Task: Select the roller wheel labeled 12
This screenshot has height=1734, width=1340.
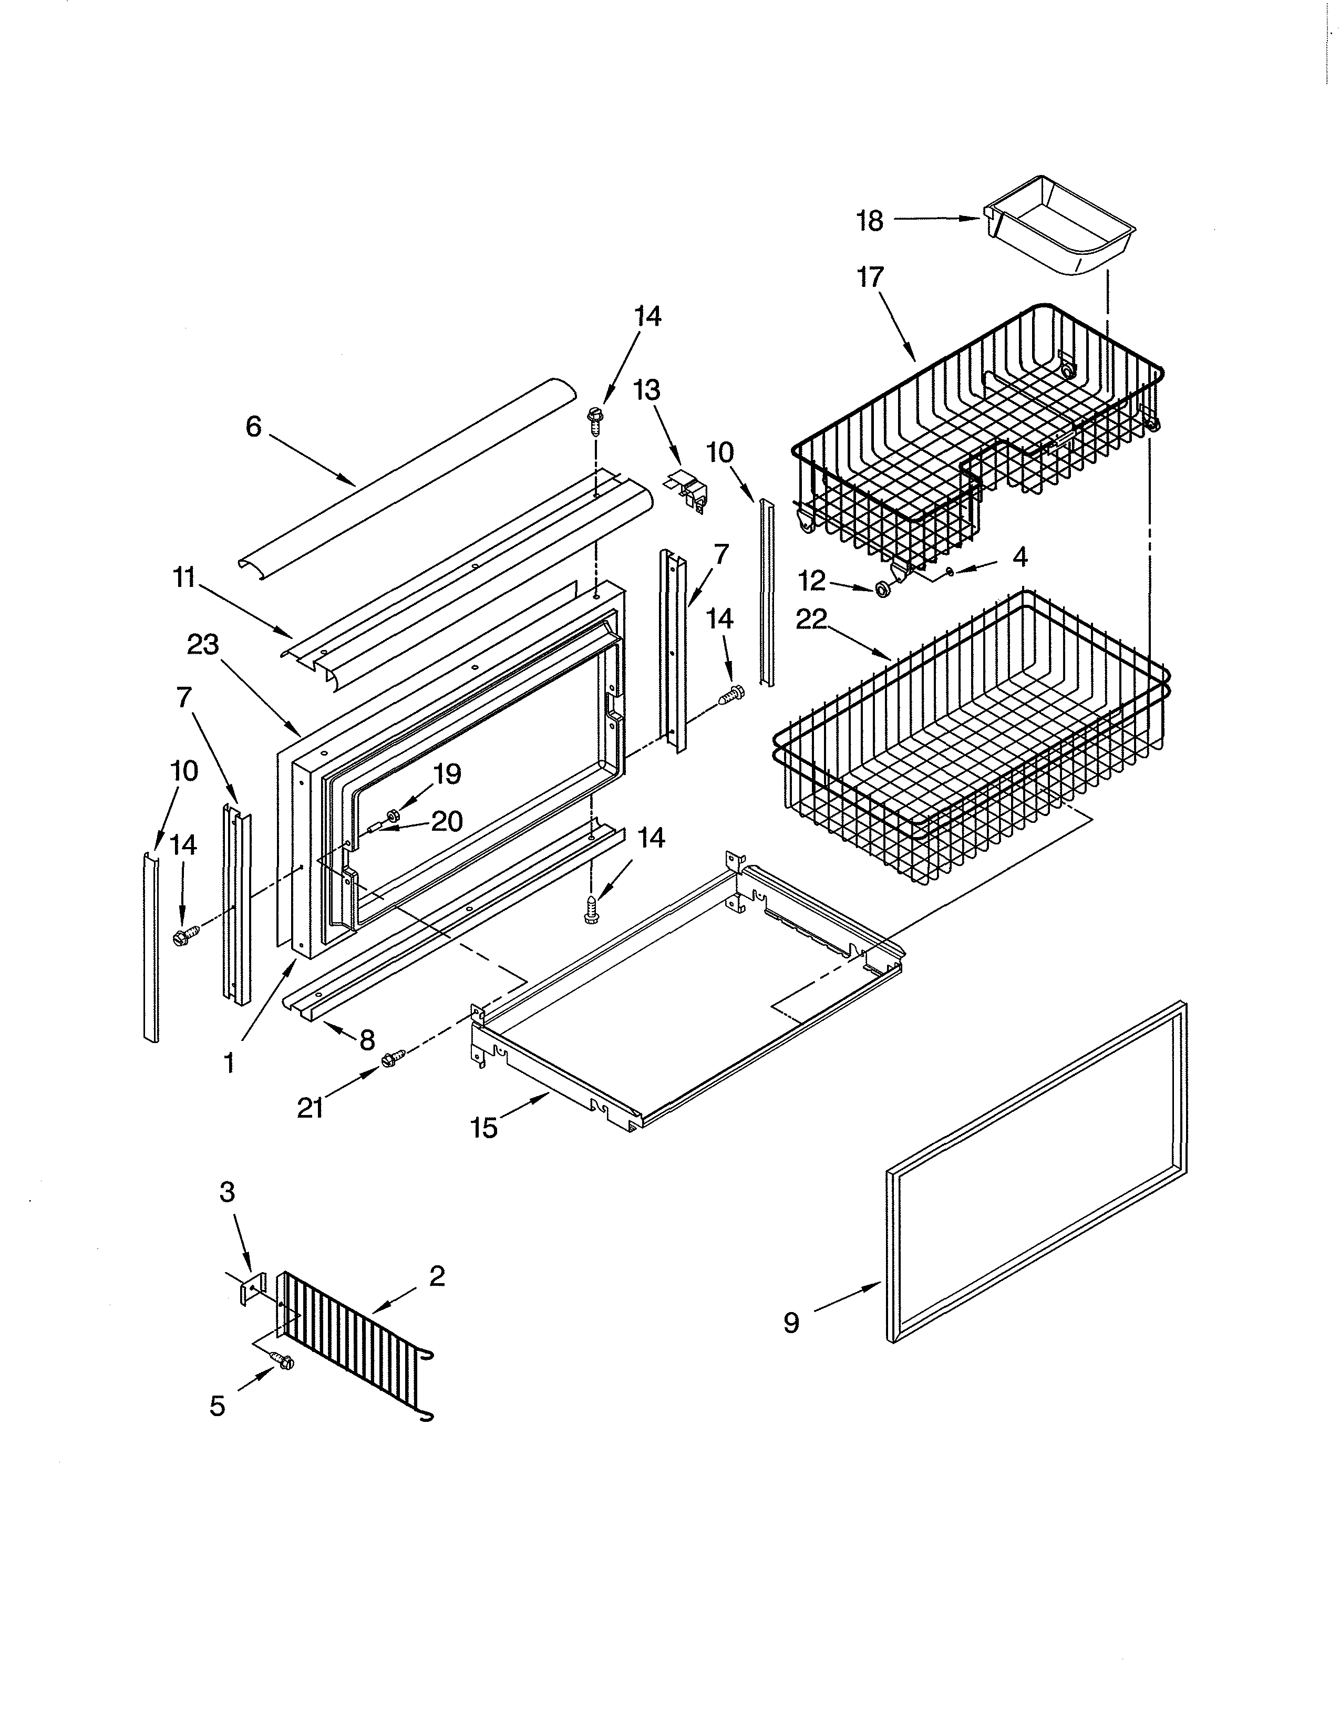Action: pyautogui.click(x=881, y=589)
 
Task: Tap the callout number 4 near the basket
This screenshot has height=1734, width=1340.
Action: pyautogui.click(x=1020, y=558)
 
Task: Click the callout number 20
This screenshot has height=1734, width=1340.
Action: pyautogui.click(x=447, y=821)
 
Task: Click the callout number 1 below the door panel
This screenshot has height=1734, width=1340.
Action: pyautogui.click(x=229, y=1062)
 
